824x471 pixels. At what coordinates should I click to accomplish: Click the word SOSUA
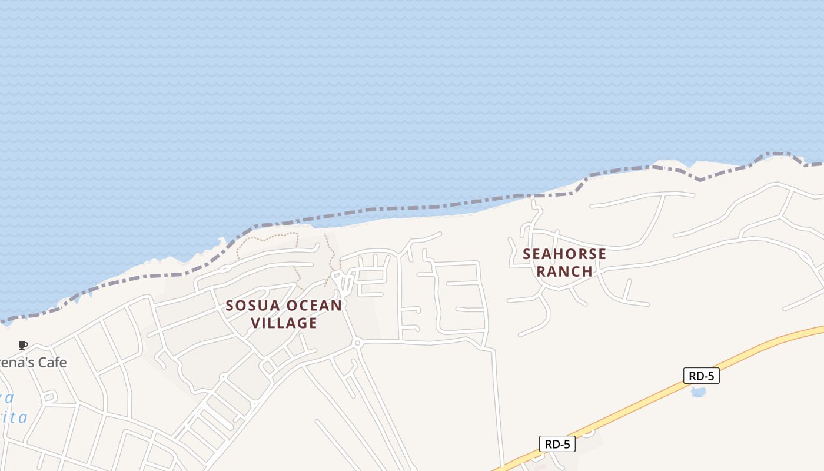249,306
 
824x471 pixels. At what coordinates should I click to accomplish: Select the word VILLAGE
284,323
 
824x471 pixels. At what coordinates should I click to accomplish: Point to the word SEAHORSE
564,254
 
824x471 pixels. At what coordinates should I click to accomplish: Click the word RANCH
564,271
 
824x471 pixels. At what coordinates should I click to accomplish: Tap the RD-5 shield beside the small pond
701,376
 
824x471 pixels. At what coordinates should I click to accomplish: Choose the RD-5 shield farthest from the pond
557,444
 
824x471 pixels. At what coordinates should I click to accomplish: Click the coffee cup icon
23,345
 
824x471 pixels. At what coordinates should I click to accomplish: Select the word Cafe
51,362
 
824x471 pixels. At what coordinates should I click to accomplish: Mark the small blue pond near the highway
698,392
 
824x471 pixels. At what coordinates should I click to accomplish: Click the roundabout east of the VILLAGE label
357,343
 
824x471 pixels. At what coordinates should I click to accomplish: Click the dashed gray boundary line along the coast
412,208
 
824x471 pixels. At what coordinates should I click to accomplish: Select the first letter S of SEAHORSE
527,254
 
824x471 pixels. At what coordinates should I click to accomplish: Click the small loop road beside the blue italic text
49,396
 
